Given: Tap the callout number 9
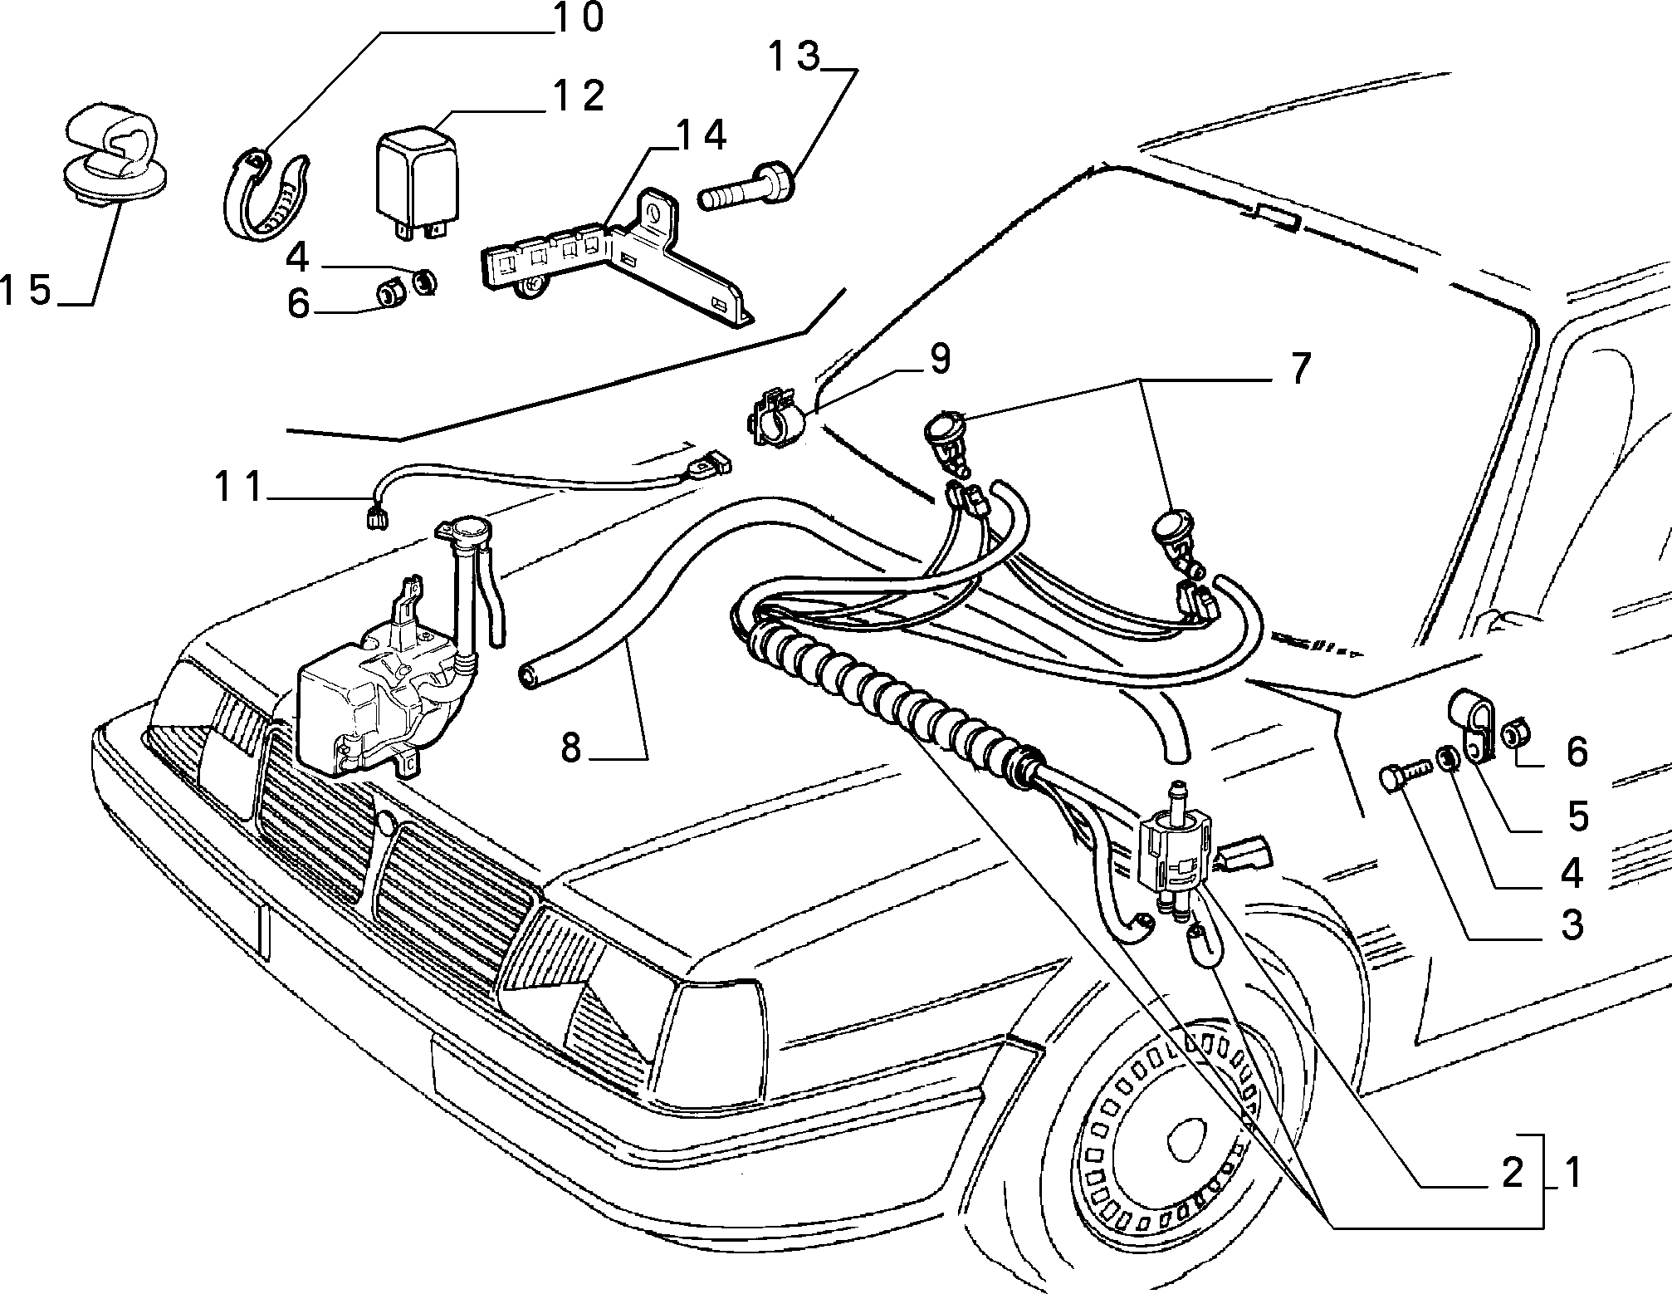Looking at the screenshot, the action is (939, 360).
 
